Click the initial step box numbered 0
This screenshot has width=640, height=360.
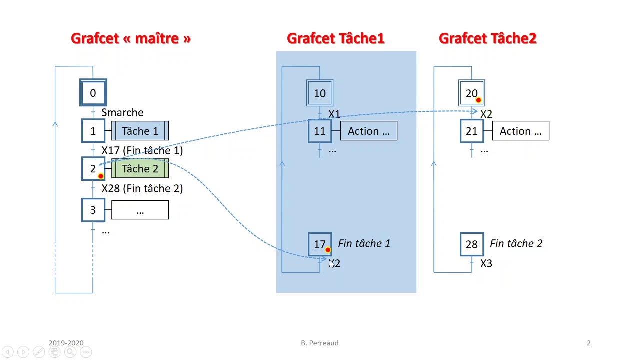pos(93,93)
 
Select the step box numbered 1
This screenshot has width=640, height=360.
pos(93,131)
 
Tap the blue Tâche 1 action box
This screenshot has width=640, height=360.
pos(140,131)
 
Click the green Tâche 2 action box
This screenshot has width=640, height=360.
pos(140,169)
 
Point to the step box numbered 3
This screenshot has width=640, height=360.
pos(93,210)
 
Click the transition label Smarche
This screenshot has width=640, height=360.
pos(122,112)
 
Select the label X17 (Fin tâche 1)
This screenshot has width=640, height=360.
pos(142,150)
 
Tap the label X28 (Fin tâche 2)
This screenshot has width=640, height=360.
pos(142,188)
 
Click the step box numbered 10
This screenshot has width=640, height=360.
pos(320,93)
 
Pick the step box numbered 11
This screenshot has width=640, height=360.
pos(320,131)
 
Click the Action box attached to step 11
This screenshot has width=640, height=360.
pos(369,131)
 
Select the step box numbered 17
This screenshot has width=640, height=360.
pos(320,244)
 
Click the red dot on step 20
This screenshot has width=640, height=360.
pos(478,100)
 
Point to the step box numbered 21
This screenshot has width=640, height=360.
pos(472,131)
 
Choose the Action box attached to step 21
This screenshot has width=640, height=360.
pos(521,131)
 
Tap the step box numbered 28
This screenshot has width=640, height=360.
pos(472,244)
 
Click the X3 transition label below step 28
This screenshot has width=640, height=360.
pos(486,263)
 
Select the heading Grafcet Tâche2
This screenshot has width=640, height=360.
pos(488,38)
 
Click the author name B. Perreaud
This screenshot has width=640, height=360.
pos(319,343)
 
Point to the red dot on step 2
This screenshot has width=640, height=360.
pos(101,176)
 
